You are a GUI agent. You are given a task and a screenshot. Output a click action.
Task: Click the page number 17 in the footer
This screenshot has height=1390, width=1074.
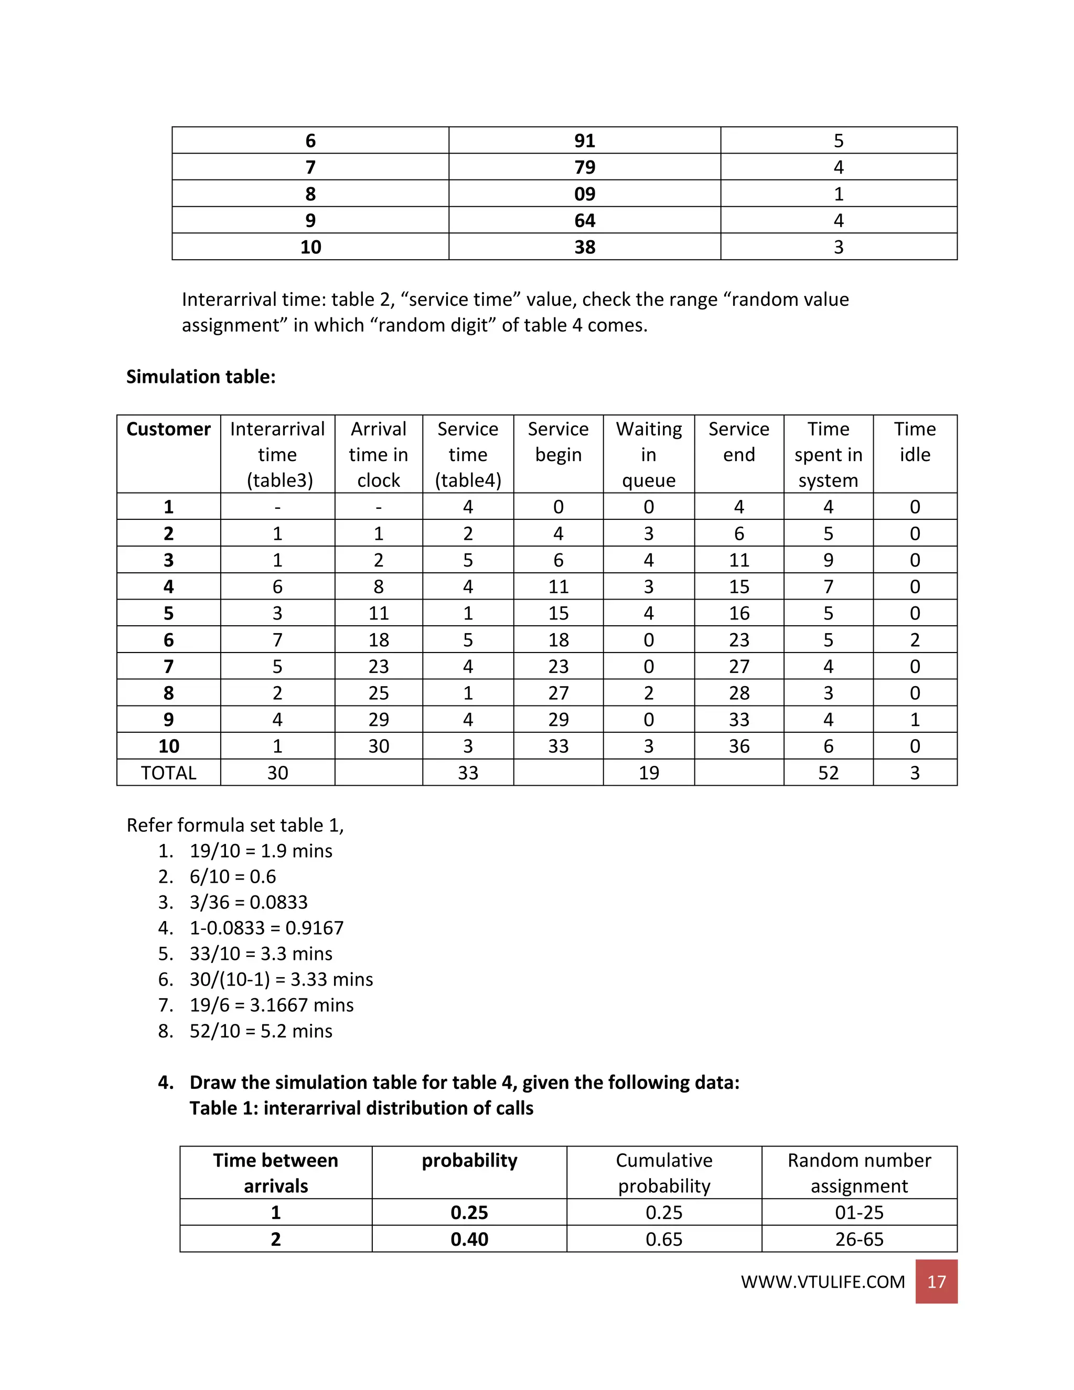(936, 1281)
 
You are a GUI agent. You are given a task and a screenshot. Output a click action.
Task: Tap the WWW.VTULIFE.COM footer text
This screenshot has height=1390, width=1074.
(822, 1282)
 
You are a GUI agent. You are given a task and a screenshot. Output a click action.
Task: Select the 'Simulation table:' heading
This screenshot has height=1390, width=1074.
(200, 377)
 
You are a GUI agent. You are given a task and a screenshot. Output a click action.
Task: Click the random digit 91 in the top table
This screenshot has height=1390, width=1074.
(584, 141)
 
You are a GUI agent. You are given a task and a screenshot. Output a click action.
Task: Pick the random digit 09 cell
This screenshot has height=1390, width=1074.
(584, 194)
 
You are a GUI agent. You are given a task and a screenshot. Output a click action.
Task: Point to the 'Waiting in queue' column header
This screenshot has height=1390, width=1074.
(648, 454)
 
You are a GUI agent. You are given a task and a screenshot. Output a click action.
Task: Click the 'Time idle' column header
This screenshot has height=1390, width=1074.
(914, 442)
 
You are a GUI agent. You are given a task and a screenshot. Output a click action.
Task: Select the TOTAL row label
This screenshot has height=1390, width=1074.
(169, 773)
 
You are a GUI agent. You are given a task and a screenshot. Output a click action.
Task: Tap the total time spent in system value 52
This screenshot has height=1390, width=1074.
(828, 773)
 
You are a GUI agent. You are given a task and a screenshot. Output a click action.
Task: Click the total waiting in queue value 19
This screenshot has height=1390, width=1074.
(648, 773)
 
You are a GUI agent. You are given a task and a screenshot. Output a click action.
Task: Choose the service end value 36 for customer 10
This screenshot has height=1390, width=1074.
(739, 746)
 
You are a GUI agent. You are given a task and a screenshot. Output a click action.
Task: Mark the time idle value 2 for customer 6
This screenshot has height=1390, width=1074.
(914, 639)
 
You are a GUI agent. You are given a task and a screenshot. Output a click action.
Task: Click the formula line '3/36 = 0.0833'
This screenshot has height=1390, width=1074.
(248, 902)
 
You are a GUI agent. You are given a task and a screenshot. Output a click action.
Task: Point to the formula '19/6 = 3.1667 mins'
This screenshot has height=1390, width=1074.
(271, 1005)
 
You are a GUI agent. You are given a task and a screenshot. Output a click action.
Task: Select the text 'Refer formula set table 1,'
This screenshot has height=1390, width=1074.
(235, 825)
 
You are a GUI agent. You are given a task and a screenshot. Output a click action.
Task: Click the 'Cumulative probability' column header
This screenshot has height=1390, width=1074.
(663, 1172)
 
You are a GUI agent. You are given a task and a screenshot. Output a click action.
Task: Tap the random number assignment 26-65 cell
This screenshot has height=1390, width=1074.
(859, 1239)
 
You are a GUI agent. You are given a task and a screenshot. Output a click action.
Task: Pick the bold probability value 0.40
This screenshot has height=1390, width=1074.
(469, 1239)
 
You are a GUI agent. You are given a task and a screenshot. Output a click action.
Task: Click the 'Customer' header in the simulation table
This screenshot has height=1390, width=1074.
(169, 429)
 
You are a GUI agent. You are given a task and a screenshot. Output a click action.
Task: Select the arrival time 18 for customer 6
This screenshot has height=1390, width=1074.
(379, 639)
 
